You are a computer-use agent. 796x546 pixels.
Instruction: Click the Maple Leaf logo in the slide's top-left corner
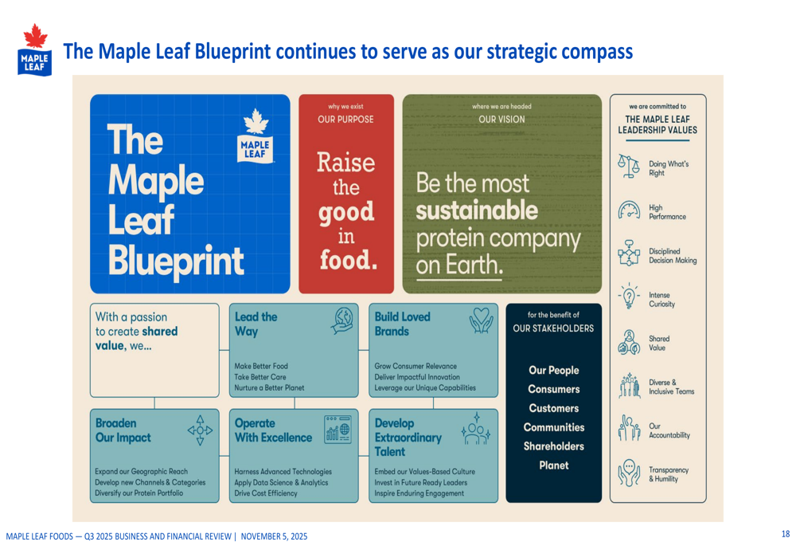click(x=34, y=49)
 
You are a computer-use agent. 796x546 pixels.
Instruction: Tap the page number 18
click(x=785, y=534)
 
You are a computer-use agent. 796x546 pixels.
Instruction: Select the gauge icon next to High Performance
click(x=629, y=211)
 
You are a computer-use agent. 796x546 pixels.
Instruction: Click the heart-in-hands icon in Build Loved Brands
click(x=481, y=320)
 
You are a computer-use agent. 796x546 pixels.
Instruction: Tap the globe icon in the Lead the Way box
click(x=343, y=320)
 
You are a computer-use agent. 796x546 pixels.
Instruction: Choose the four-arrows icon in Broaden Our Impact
click(x=200, y=429)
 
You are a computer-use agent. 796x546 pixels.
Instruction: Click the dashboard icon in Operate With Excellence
click(x=338, y=428)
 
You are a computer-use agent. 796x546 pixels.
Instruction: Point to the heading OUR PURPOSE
click(x=345, y=120)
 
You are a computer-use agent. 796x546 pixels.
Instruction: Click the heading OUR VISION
click(x=501, y=120)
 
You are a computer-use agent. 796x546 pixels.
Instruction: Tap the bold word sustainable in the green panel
click(x=476, y=211)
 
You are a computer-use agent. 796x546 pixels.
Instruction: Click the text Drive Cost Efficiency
click(x=267, y=493)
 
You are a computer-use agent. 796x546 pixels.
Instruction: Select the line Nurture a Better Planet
click(x=269, y=388)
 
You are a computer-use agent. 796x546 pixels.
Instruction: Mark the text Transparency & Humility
click(x=669, y=474)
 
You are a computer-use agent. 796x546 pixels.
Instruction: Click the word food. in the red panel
click(x=348, y=261)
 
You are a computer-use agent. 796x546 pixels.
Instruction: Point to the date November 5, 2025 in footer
click(x=274, y=536)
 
